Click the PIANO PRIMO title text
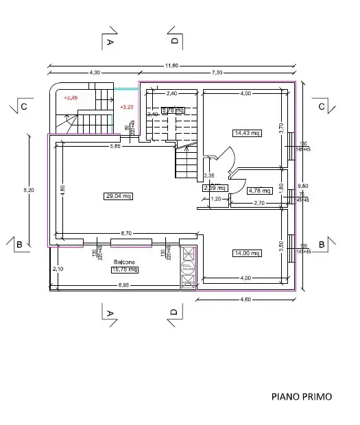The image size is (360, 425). (301, 396)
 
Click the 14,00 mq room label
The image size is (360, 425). (247, 253)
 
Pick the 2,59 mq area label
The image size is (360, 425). (215, 187)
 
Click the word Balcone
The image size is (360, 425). (124, 263)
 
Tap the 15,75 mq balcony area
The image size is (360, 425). (124, 269)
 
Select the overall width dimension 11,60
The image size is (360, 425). (171, 65)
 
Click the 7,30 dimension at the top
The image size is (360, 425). (218, 73)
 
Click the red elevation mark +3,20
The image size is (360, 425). (126, 108)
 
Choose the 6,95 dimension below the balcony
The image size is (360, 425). (123, 284)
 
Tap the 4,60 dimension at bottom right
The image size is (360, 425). (245, 299)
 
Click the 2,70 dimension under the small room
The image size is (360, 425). (259, 203)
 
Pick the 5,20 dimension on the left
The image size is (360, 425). (27, 190)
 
